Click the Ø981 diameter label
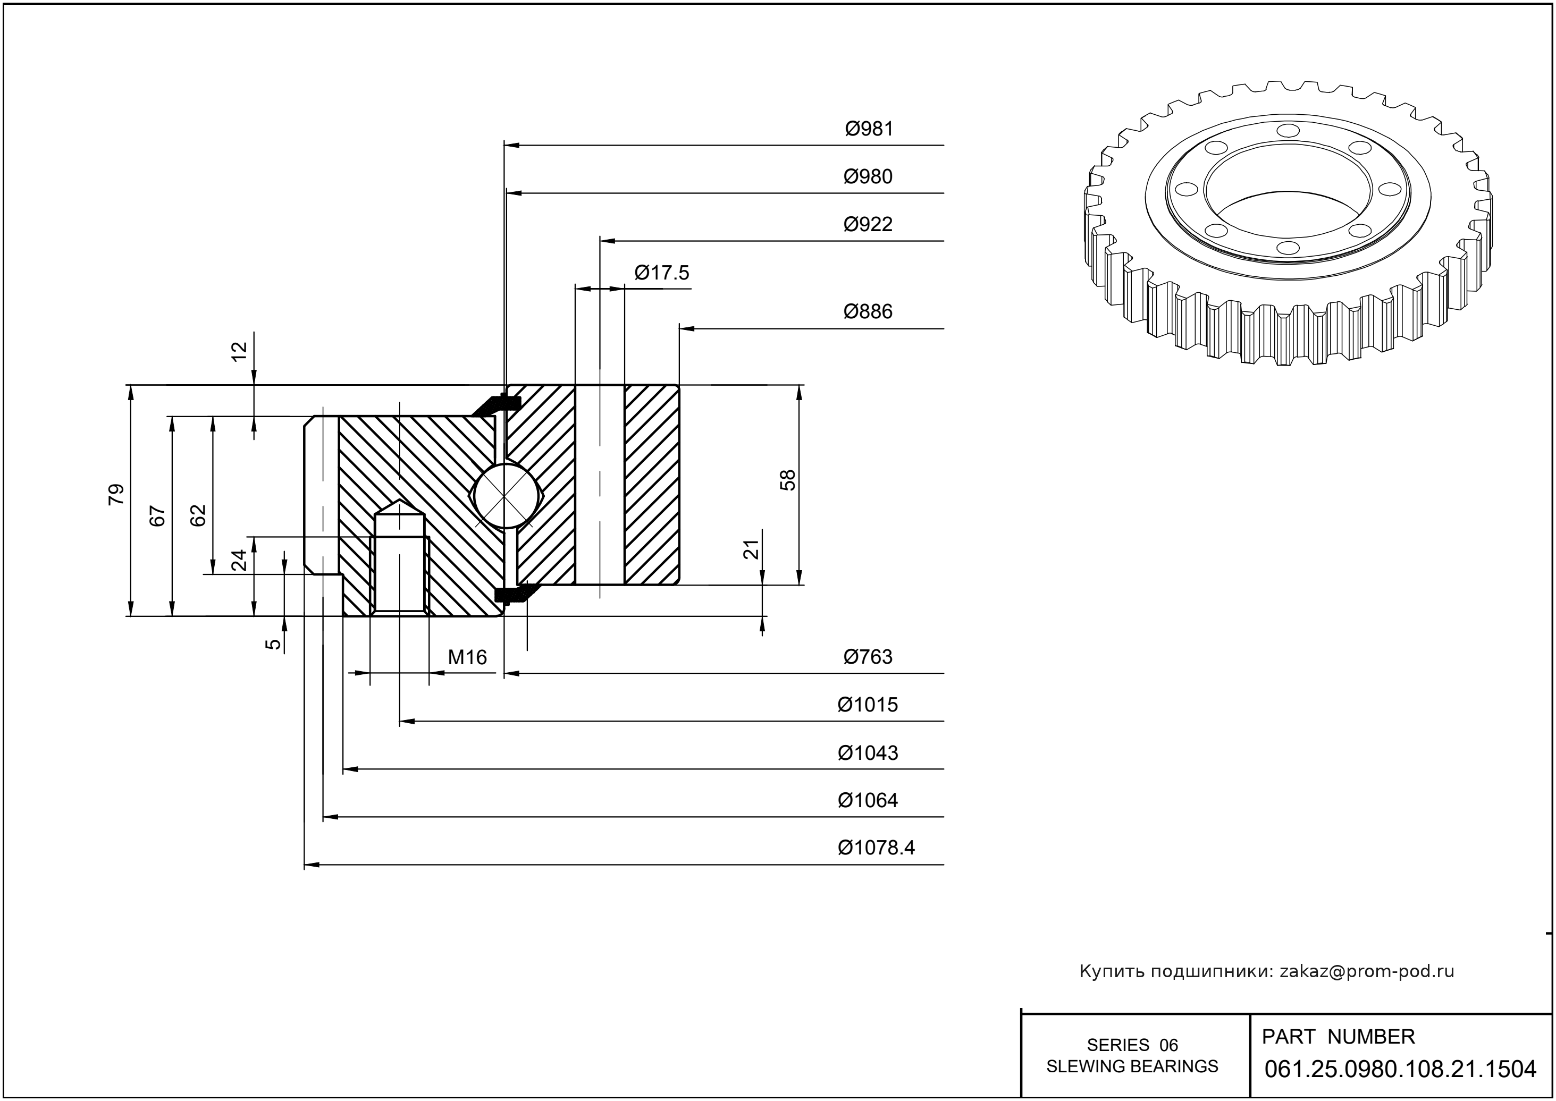(869, 129)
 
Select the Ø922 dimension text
(868, 224)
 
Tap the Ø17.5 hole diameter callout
(661, 273)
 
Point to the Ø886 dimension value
(868, 312)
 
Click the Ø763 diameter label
(868, 656)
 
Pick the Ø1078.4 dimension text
(876, 848)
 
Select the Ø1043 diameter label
(868, 752)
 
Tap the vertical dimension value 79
(116, 494)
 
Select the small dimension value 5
(273, 643)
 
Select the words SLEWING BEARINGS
(1132, 1066)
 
